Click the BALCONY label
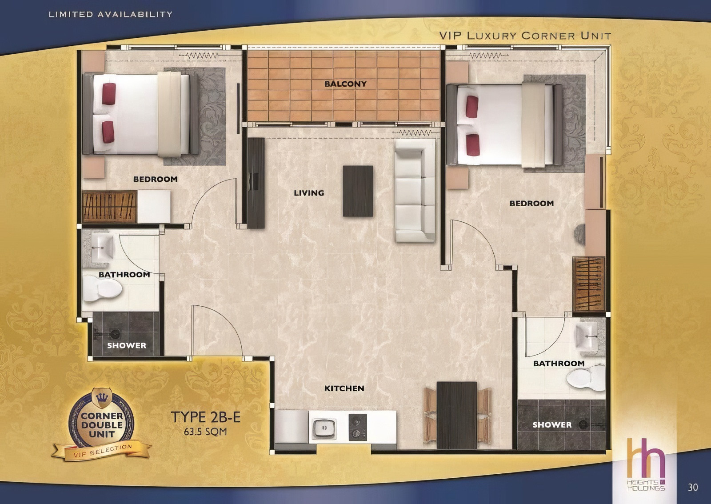tap(345, 84)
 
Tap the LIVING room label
tap(309, 193)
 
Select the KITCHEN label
tap(344, 388)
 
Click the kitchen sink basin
tap(324, 429)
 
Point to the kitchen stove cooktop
tap(358, 427)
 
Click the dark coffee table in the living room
tap(358, 191)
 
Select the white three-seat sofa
tap(415, 191)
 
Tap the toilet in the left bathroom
tap(103, 289)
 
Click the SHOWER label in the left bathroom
tap(127, 345)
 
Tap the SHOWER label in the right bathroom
tap(552, 424)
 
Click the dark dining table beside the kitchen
tap(457, 415)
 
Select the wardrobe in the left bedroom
tap(109, 207)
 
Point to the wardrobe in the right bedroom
tap(589, 284)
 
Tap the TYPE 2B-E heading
tap(206, 417)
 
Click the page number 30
tap(693, 487)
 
